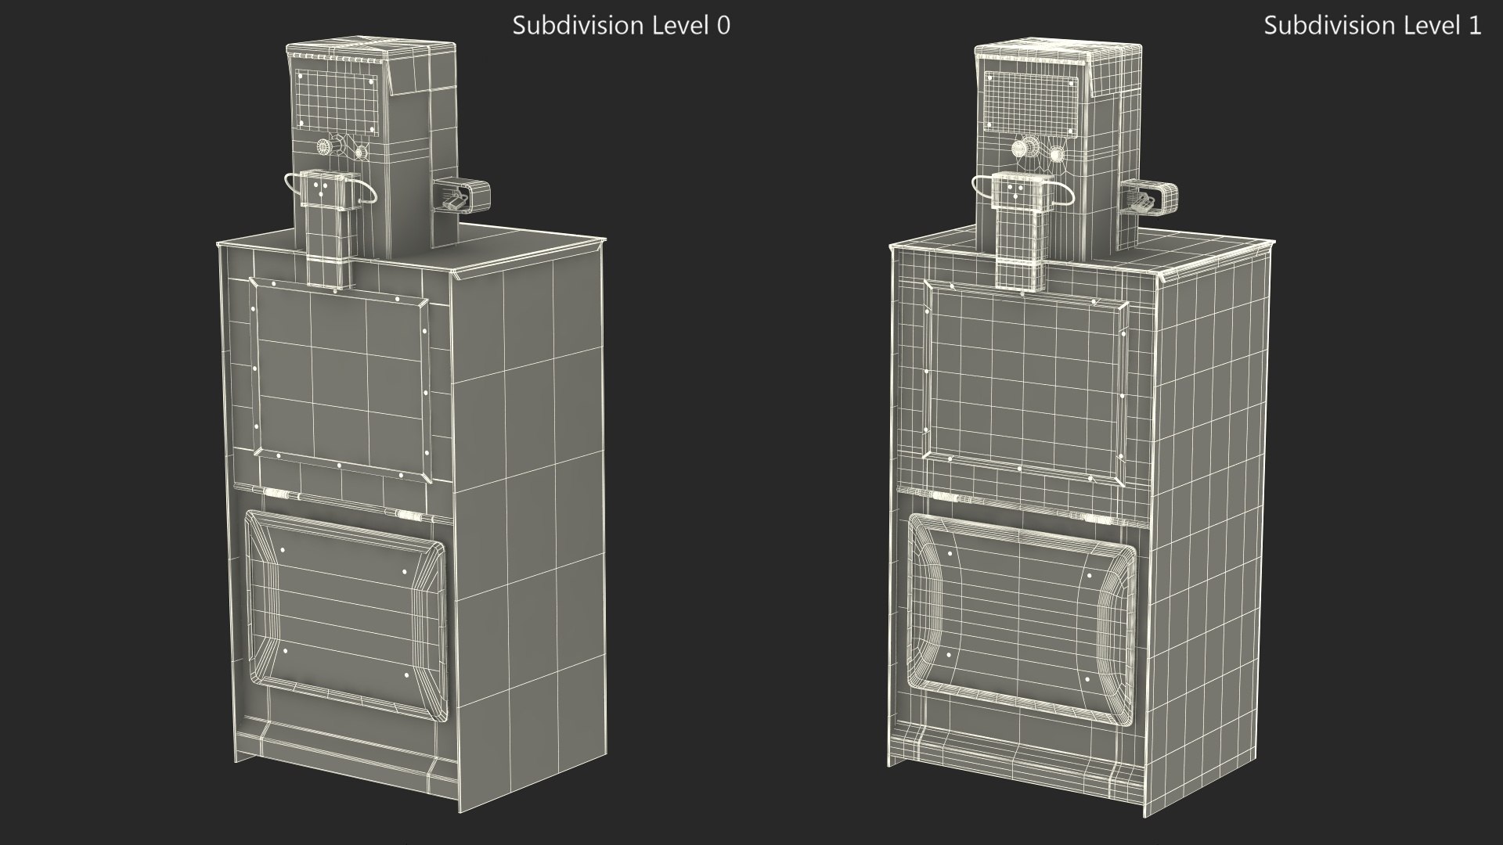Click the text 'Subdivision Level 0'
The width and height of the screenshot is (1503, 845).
[x=621, y=25]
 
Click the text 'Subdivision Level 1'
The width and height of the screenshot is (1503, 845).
[x=1372, y=25]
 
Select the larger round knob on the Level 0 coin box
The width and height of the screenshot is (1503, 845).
[x=323, y=147]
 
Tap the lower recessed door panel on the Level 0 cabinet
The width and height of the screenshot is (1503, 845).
[x=344, y=614]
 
